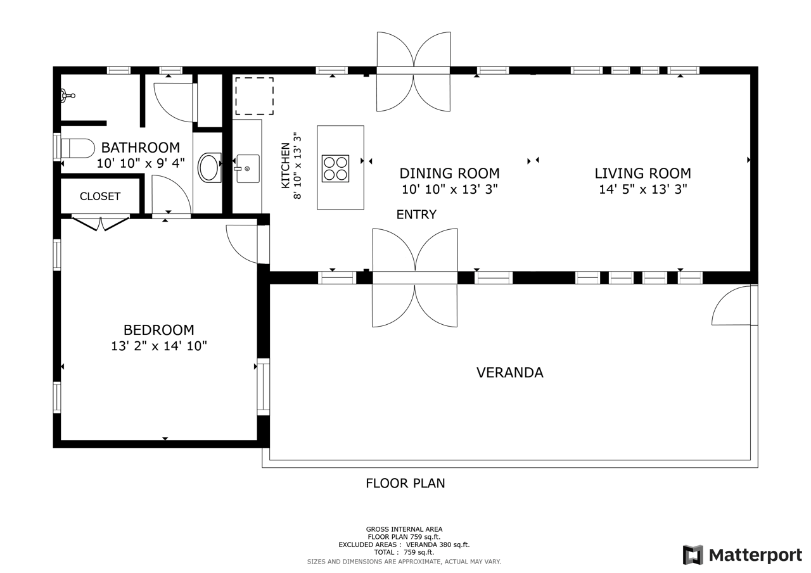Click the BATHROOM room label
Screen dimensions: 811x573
pos(141,148)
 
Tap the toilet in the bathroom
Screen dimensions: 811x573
pos(77,148)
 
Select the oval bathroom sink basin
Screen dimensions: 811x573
pos(209,168)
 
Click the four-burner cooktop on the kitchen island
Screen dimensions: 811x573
pos(335,168)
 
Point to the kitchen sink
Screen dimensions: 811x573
pos(248,168)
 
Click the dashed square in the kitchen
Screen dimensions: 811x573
pos(255,96)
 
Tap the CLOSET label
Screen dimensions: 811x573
pos(100,196)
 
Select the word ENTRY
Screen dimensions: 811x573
pos(416,215)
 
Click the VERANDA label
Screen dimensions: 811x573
pos(510,372)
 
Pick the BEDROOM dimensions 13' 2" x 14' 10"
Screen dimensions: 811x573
pos(158,346)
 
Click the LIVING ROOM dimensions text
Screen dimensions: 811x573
pos(642,189)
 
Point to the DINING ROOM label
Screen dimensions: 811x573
pos(449,173)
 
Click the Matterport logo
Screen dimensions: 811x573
pos(743,555)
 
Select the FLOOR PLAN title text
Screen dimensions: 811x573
pos(405,483)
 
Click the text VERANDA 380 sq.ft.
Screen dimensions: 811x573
pos(438,545)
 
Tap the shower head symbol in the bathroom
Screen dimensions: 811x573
pos(67,95)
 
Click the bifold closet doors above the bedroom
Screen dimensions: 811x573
pos(100,223)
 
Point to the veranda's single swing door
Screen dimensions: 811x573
pos(734,305)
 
